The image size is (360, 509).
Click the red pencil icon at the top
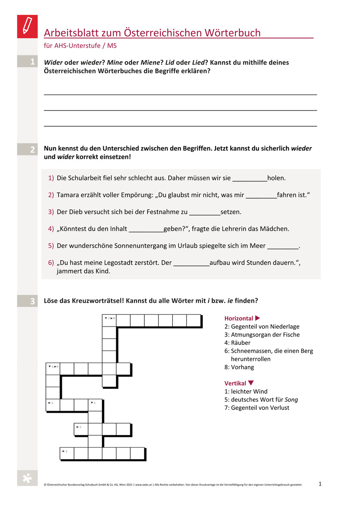(27, 26)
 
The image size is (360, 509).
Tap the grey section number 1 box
(28, 62)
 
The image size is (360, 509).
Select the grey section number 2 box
(28, 149)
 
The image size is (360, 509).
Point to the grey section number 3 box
(28, 301)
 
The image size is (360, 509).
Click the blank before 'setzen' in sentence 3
(205, 212)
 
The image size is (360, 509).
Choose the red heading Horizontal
(239, 318)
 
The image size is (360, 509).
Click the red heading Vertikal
(235, 383)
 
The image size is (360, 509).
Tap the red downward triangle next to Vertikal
(251, 383)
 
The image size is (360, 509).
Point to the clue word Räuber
(241, 343)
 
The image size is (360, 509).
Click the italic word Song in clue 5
(291, 399)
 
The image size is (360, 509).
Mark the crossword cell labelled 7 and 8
(110, 321)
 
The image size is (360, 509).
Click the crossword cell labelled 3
(67, 454)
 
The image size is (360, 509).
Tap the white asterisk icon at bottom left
(27, 478)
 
